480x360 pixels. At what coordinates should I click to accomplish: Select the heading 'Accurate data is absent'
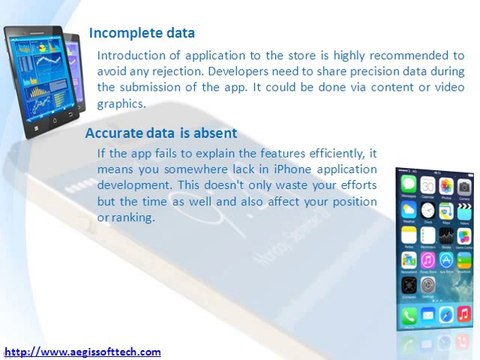(160, 132)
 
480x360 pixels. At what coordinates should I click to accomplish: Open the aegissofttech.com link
(82, 351)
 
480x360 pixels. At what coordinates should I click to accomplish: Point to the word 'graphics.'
(121, 103)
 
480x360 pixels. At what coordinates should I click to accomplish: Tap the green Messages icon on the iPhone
(408, 186)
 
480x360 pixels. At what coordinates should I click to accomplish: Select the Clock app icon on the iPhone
(408, 210)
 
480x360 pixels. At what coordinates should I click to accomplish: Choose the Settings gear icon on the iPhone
(408, 285)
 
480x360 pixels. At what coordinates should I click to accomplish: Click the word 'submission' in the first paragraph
(165, 87)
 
